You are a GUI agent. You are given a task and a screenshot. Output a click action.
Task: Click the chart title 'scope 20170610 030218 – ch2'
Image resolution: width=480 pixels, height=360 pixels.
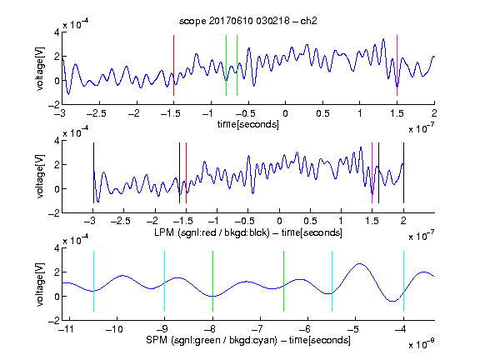coord(248,21)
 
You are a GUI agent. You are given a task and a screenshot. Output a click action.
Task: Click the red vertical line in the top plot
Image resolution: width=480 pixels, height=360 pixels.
coord(173,66)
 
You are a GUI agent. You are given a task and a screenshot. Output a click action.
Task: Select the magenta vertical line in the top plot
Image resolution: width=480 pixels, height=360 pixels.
coord(397,66)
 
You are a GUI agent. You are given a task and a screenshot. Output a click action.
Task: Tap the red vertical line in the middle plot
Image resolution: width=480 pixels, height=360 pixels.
coord(186,173)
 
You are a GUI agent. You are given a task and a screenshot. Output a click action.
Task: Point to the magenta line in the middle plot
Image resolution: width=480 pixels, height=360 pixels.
coord(372,173)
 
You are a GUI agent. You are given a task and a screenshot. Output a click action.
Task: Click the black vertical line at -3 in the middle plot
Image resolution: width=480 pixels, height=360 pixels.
coord(93,173)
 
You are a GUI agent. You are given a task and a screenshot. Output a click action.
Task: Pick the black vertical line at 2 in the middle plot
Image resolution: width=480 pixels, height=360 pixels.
coord(403,173)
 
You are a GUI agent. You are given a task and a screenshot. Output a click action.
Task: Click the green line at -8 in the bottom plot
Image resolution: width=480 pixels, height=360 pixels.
coord(212,282)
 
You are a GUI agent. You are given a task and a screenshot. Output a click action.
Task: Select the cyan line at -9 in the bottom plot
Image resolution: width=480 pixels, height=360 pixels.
coord(164,282)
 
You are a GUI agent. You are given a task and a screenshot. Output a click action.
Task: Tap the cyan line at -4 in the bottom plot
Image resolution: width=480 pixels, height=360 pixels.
coord(403,282)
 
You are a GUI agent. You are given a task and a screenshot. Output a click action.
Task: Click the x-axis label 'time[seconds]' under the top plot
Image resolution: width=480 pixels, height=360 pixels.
coord(248,124)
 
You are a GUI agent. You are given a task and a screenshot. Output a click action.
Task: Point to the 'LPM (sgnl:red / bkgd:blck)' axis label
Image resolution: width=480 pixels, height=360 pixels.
coord(212,232)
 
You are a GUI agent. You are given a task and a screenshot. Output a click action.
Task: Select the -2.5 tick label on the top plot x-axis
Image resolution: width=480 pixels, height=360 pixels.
coord(96,113)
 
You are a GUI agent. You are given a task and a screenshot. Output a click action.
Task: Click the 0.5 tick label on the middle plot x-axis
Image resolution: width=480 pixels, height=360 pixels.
coord(310,221)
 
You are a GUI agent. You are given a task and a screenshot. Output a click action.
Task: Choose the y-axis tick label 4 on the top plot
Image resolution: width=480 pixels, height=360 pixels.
coord(57,32)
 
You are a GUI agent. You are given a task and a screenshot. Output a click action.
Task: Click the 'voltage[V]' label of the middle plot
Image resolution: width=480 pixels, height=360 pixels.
coord(40,177)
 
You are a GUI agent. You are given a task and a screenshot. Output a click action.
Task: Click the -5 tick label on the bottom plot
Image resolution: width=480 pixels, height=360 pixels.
coord(355,329)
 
